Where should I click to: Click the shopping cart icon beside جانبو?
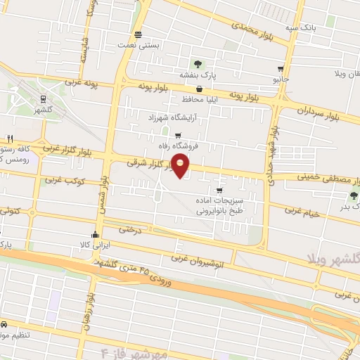click(x=281, y=69)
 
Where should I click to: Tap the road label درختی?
click(x=130, y=229)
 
